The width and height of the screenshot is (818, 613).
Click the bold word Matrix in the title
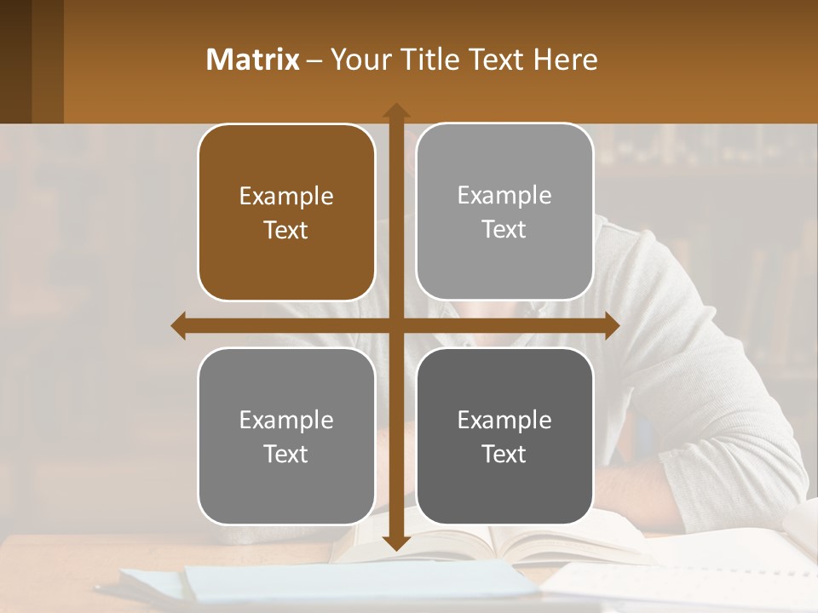[x=253, y=60]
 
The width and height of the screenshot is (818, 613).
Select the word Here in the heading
[x=566, y=60]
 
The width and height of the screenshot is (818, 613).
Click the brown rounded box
[x=286, y=213]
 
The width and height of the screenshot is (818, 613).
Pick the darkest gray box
[x=504, y=436]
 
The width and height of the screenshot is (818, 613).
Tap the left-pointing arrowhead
[x=179, y=326]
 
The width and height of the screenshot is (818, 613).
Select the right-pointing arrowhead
[x=611, y=326]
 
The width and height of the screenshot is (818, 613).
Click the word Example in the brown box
[x=286, y=197]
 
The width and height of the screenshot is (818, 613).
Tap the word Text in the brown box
[x=286, y=231]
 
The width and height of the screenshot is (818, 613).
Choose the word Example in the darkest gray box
[x=504, y=420]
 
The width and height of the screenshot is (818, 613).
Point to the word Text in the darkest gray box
[x=504, y=454]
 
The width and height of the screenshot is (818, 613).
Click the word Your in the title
[x=357, y=60]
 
